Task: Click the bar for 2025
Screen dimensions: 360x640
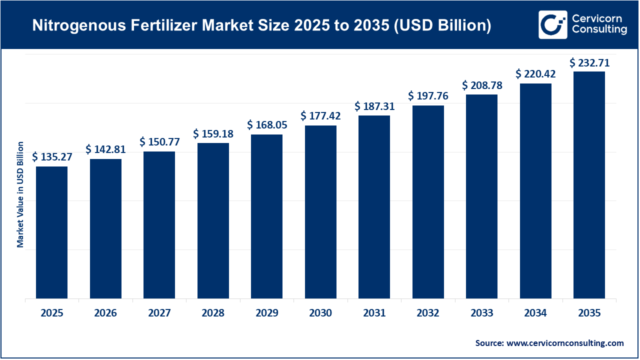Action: [x=51, y=232]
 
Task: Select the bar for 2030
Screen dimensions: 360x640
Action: [x=320, y=212]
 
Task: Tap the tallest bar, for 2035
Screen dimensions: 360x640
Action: [x=589, y=185]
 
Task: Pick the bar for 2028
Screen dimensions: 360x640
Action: [x=213, y=221]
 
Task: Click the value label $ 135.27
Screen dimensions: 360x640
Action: [x=52, y=157]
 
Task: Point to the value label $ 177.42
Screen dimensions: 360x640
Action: [x=320, y=116]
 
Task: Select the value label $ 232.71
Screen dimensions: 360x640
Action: [x=589, y=62]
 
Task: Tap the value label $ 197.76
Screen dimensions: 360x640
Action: [x=428, y=96]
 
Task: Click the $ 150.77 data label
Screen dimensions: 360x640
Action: [x=159, y=142]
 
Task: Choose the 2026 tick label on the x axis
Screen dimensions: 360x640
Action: [x=105, y=313]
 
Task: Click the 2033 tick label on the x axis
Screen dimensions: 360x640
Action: [x=481, y=313]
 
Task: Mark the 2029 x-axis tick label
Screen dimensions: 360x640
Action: [x=267, y=313]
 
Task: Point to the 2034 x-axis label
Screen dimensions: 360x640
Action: [x=535, y=313]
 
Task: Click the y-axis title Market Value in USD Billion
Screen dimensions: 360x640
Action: [x=20, y=194]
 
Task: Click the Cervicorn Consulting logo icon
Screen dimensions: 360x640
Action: [x=552, y=24]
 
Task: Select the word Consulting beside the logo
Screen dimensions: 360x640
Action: [x=599, y=30]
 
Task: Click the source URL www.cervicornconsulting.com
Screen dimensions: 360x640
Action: [x=565, y=343]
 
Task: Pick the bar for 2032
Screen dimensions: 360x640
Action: [x=428, y=202]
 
